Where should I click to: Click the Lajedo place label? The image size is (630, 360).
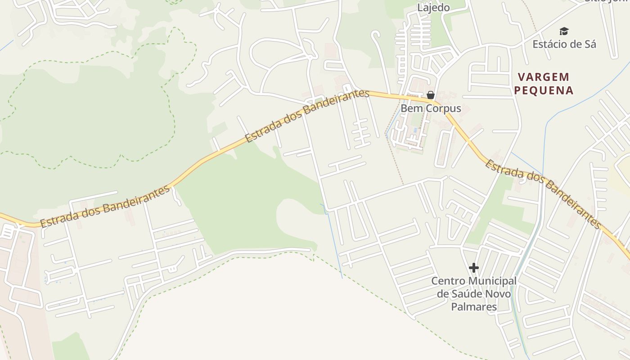433,8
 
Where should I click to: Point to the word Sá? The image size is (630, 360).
590,44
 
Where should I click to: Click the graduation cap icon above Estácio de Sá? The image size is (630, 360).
564,31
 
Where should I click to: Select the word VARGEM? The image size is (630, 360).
544,77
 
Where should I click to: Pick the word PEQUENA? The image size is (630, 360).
544,90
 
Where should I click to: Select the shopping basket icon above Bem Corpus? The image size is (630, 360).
431,95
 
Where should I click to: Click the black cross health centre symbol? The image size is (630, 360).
473,268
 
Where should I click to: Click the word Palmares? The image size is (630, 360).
474,307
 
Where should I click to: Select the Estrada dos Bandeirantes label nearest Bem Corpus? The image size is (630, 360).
307,116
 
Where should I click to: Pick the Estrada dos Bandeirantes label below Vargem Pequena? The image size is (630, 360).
543,194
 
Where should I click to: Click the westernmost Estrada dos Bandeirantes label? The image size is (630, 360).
105,206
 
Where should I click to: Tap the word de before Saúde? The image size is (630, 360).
443,294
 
